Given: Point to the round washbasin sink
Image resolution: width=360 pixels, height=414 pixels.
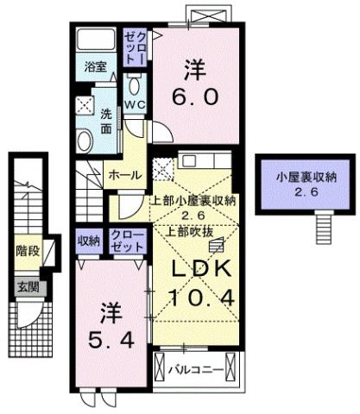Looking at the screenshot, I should [x=85, y=138].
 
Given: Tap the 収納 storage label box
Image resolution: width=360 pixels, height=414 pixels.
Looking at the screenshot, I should [x=88, y=240].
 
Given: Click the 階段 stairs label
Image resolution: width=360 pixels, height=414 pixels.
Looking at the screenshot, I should [x=27, y=251].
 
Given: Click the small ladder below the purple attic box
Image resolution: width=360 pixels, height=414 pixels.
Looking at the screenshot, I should [x=324, y=227].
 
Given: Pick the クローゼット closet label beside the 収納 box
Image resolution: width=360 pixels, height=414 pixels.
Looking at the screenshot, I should [x=127, y=240].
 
